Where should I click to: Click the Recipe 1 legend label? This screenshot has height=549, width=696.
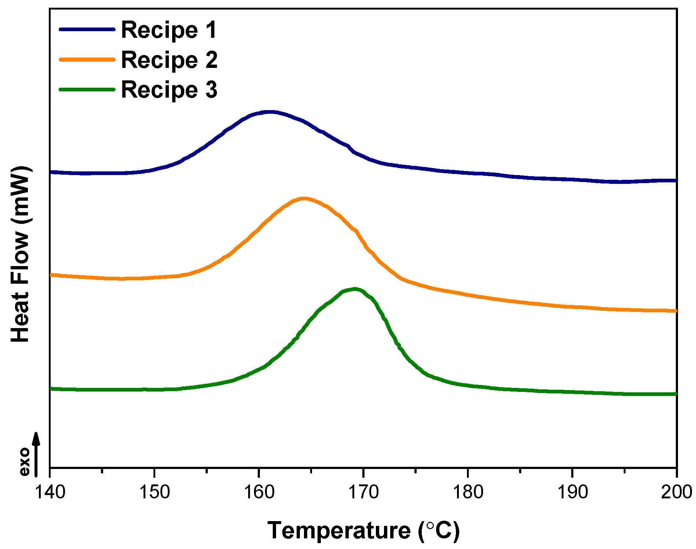tap(169, 30)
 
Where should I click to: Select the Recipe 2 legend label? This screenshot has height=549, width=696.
tap(169, 60)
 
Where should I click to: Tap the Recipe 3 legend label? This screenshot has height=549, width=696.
tap(169, 90)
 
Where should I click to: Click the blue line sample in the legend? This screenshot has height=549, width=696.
tap(87, 29)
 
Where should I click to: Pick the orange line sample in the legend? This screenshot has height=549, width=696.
tap(87, 59)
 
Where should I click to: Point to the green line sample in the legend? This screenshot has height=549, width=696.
tap(87, 90)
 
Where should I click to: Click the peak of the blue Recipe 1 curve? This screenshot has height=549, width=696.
tap(270, 112)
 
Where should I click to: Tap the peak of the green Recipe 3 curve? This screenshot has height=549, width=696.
tap(355, 289)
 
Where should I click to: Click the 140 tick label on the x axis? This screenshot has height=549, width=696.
tap(50, 492)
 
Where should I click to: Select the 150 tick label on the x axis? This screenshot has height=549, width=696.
tap(154, 492)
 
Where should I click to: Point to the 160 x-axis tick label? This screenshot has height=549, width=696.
tap(259, 492)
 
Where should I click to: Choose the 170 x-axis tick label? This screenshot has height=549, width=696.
tap(363, 492)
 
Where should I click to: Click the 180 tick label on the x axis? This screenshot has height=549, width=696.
tap(468, 492)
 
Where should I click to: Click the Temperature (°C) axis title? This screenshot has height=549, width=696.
tap(363, 531)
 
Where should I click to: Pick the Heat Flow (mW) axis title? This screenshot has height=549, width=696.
tap(20, 254)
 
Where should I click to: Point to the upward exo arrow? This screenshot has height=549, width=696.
tap(36, 454)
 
